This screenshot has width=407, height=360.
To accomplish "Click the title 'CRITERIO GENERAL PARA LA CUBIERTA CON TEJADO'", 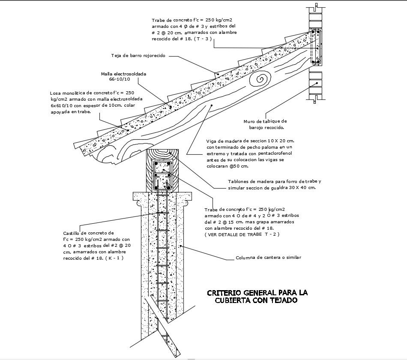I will pos(257,297).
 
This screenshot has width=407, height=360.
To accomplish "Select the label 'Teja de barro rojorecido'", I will pos(138,56).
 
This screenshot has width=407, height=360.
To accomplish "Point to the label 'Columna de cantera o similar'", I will pos(269,258).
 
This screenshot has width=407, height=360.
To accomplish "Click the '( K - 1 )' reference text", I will pos(117,258).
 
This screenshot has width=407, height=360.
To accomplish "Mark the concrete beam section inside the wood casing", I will pos(163,176).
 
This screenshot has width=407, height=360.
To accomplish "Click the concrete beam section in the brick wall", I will pos(316,48).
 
